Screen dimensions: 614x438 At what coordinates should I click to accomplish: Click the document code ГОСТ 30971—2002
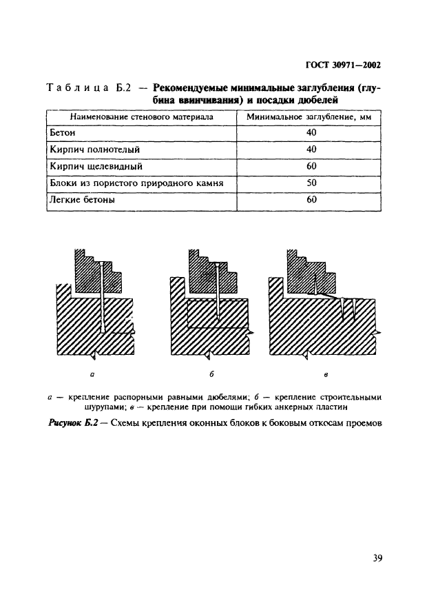[x=342, y=65]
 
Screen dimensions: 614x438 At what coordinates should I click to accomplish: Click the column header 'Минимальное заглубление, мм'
[x=310, y=116]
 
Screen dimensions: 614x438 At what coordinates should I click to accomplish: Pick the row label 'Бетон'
[x=62, y=132]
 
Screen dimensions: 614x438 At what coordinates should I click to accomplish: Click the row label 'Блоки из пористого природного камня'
[x=136, y=183]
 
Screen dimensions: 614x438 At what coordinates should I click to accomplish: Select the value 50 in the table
[x=311, y=183]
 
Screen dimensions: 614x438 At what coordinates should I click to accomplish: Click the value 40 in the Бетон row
[x=311, y=132]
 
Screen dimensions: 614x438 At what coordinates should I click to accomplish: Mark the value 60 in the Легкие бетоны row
[x=311, y=200]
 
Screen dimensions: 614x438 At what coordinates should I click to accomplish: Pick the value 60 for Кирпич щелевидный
[x=311, y=166]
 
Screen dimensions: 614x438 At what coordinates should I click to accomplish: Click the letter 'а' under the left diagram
[x=92, y=376]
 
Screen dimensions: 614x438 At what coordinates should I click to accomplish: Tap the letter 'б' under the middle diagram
[x=212, y=376]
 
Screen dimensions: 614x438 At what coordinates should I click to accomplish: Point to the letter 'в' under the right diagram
[x=326, y=376]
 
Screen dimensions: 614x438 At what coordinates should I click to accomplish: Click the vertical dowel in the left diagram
[x=101, y=296]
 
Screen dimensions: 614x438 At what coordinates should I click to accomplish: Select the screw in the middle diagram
[x=217, y=293]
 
